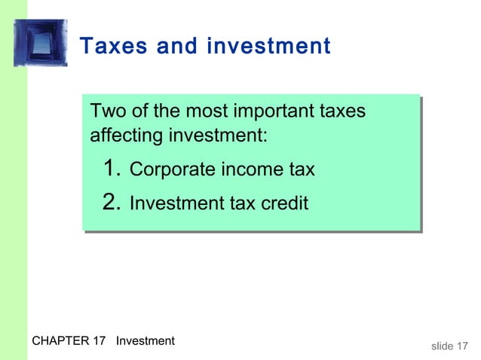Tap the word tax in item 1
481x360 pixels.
(299, 170)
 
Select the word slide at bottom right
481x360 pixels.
(442, 346)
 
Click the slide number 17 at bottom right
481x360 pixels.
(465, 346)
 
